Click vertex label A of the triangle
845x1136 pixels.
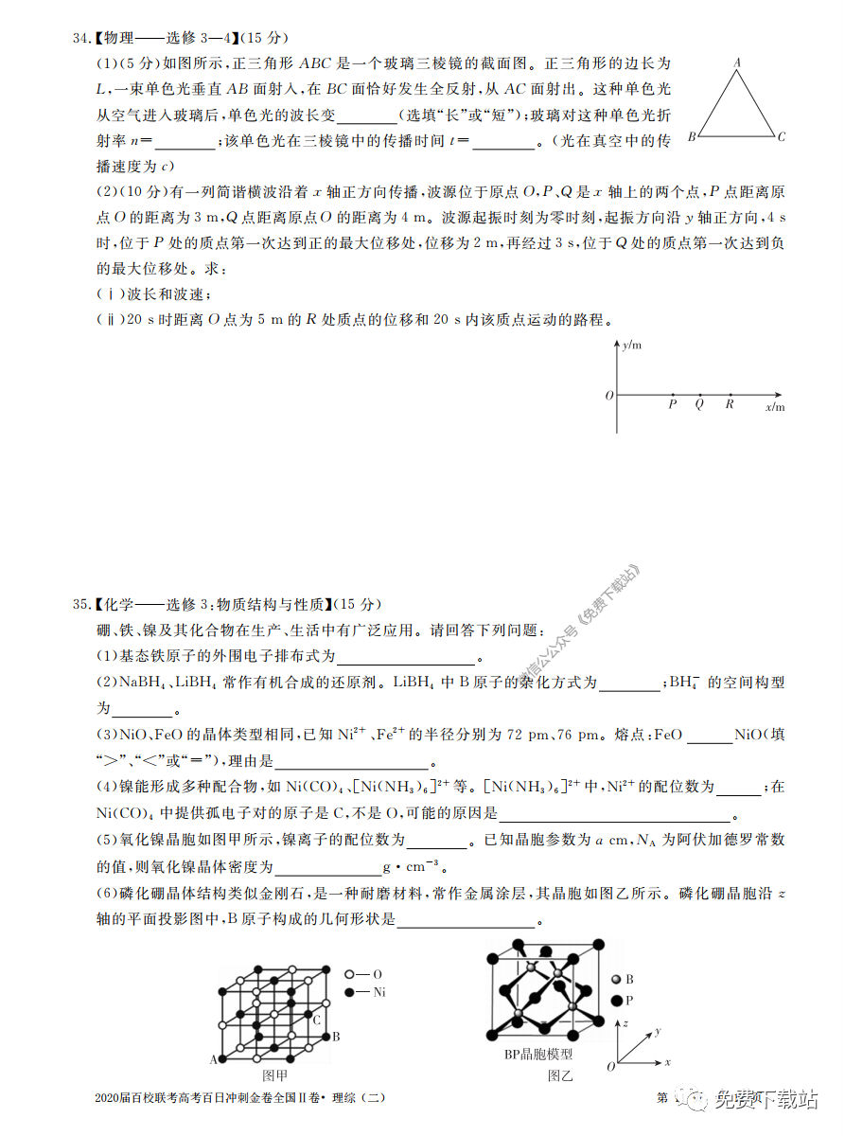(737, 62)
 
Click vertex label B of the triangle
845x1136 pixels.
(693, 137)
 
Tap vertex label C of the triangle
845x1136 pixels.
(781, 137)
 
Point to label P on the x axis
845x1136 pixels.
(673, 404)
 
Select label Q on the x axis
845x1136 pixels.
(699, 404)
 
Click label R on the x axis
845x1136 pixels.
(730, 404)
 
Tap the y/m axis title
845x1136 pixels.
(632, 346)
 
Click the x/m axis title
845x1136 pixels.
(775, 407)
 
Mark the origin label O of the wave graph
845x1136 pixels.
(609, 395)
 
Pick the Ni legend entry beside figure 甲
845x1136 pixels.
(378, 992)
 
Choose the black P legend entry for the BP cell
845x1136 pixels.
(629, 1000)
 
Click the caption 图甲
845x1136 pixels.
(274, 1075)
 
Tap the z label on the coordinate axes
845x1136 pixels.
(625, 1023)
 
